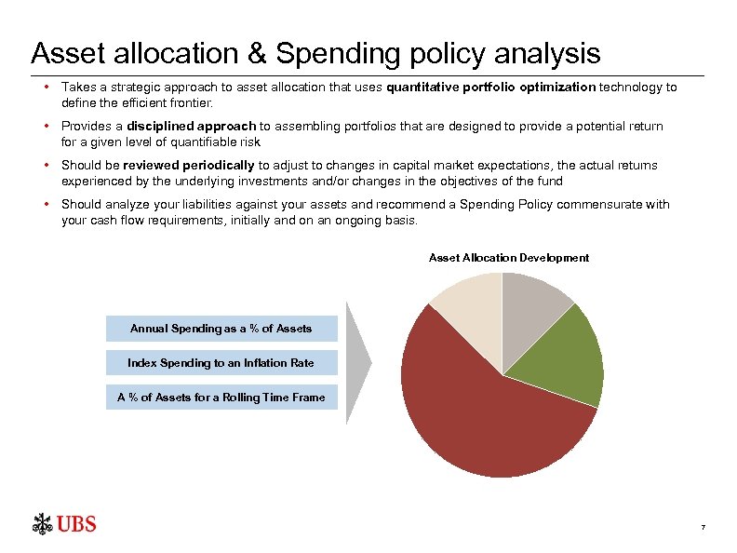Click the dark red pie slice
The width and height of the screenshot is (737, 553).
(484, 410)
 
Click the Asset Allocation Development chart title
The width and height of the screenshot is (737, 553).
(508, 258)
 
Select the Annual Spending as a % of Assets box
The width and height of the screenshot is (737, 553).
(221, 329)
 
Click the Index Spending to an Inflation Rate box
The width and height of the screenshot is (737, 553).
(221, 363)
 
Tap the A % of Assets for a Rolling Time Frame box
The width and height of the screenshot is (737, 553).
(221, 398)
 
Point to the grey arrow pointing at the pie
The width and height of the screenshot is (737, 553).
(358, 362)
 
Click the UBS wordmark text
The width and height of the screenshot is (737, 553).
(76, 524)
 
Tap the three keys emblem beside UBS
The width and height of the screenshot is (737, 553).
(42, 524)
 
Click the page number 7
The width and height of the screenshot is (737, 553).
(703, 529)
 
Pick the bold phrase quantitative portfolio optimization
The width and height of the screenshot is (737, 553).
(490, 87)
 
